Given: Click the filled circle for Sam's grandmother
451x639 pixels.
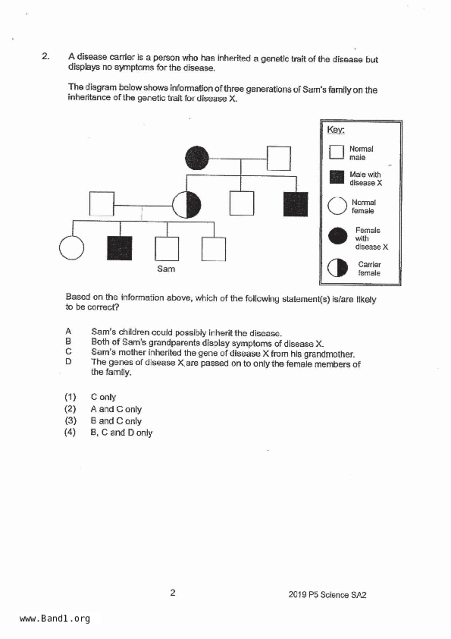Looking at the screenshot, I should [x=197, y=158].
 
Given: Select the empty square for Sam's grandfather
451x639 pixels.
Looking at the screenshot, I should [x=278, y=158].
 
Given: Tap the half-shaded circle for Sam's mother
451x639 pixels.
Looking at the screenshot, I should [x=186, y=204].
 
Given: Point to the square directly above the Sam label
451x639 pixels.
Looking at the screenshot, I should [x=167, y=249].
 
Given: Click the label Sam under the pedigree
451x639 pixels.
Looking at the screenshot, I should [x=166, y=269].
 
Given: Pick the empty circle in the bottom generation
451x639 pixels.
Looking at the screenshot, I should [x=71, y=248].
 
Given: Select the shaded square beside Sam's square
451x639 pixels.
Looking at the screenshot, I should [x=119, y=248].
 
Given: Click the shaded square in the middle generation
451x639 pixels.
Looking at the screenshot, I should [x=296, y=204].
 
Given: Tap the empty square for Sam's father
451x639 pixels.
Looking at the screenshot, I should [x=102, y=204].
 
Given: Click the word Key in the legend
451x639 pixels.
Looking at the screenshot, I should [x=335, y=130].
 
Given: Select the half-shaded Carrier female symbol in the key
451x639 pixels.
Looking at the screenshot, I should [x=337, y=268].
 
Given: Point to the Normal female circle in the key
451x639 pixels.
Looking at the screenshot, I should [x=337, y=206].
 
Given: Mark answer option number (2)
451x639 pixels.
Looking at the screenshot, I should [x=70, y=409].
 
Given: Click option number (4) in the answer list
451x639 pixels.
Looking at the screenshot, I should [x=70, y=432].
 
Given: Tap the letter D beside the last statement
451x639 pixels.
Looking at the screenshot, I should [x=68, y=362].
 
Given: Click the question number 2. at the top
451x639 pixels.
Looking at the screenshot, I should [x=46, y=56].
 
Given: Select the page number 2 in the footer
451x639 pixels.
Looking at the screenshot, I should [x=173, y=593].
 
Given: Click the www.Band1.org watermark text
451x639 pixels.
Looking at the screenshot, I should [x=55, y=619].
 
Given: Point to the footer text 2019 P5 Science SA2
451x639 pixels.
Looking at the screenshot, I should [x=327, y=595].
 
